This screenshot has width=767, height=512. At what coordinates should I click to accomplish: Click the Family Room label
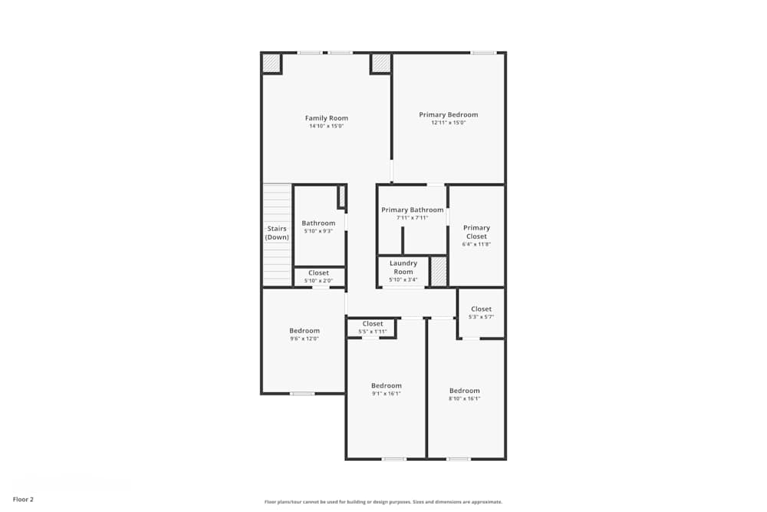tap(327, 118)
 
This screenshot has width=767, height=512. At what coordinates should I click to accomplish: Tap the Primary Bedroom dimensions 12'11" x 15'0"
tap(449, 123)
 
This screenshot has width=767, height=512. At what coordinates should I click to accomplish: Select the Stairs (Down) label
tap(277, 233)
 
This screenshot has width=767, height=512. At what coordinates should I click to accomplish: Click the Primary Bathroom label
tap(412, 210)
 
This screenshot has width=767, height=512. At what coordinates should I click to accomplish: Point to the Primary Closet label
tap(476, 232)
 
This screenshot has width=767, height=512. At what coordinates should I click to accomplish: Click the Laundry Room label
tap(403, 267)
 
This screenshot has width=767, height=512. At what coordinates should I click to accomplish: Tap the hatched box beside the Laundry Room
tap(438, 272)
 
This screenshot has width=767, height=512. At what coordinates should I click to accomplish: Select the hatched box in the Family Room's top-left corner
tap(272, 63)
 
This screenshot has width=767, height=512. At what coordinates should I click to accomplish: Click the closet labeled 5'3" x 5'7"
tap(481, 312)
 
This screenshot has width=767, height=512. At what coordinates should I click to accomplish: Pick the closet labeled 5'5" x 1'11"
tap(372, 328)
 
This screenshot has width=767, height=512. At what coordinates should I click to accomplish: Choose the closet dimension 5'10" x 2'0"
tap(318, 281)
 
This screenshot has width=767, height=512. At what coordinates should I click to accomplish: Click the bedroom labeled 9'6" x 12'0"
tap(304, 334)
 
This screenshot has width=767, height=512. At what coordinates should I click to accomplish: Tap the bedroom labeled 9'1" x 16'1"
tap(386, 389)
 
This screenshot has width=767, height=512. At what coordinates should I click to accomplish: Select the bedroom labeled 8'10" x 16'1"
tap(464, 394)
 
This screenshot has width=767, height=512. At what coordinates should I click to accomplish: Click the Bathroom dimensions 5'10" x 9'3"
tap(318, 231)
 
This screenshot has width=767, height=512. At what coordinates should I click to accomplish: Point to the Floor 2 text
tap(23, 499)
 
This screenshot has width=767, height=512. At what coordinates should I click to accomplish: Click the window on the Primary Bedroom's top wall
tap(483, 52)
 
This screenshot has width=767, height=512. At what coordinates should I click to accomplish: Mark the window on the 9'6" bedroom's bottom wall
tap(302, 394)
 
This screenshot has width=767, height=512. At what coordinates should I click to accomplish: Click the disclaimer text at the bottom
tap(383, 502)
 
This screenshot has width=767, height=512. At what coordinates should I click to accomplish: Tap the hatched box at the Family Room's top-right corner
tap(380, 63)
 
